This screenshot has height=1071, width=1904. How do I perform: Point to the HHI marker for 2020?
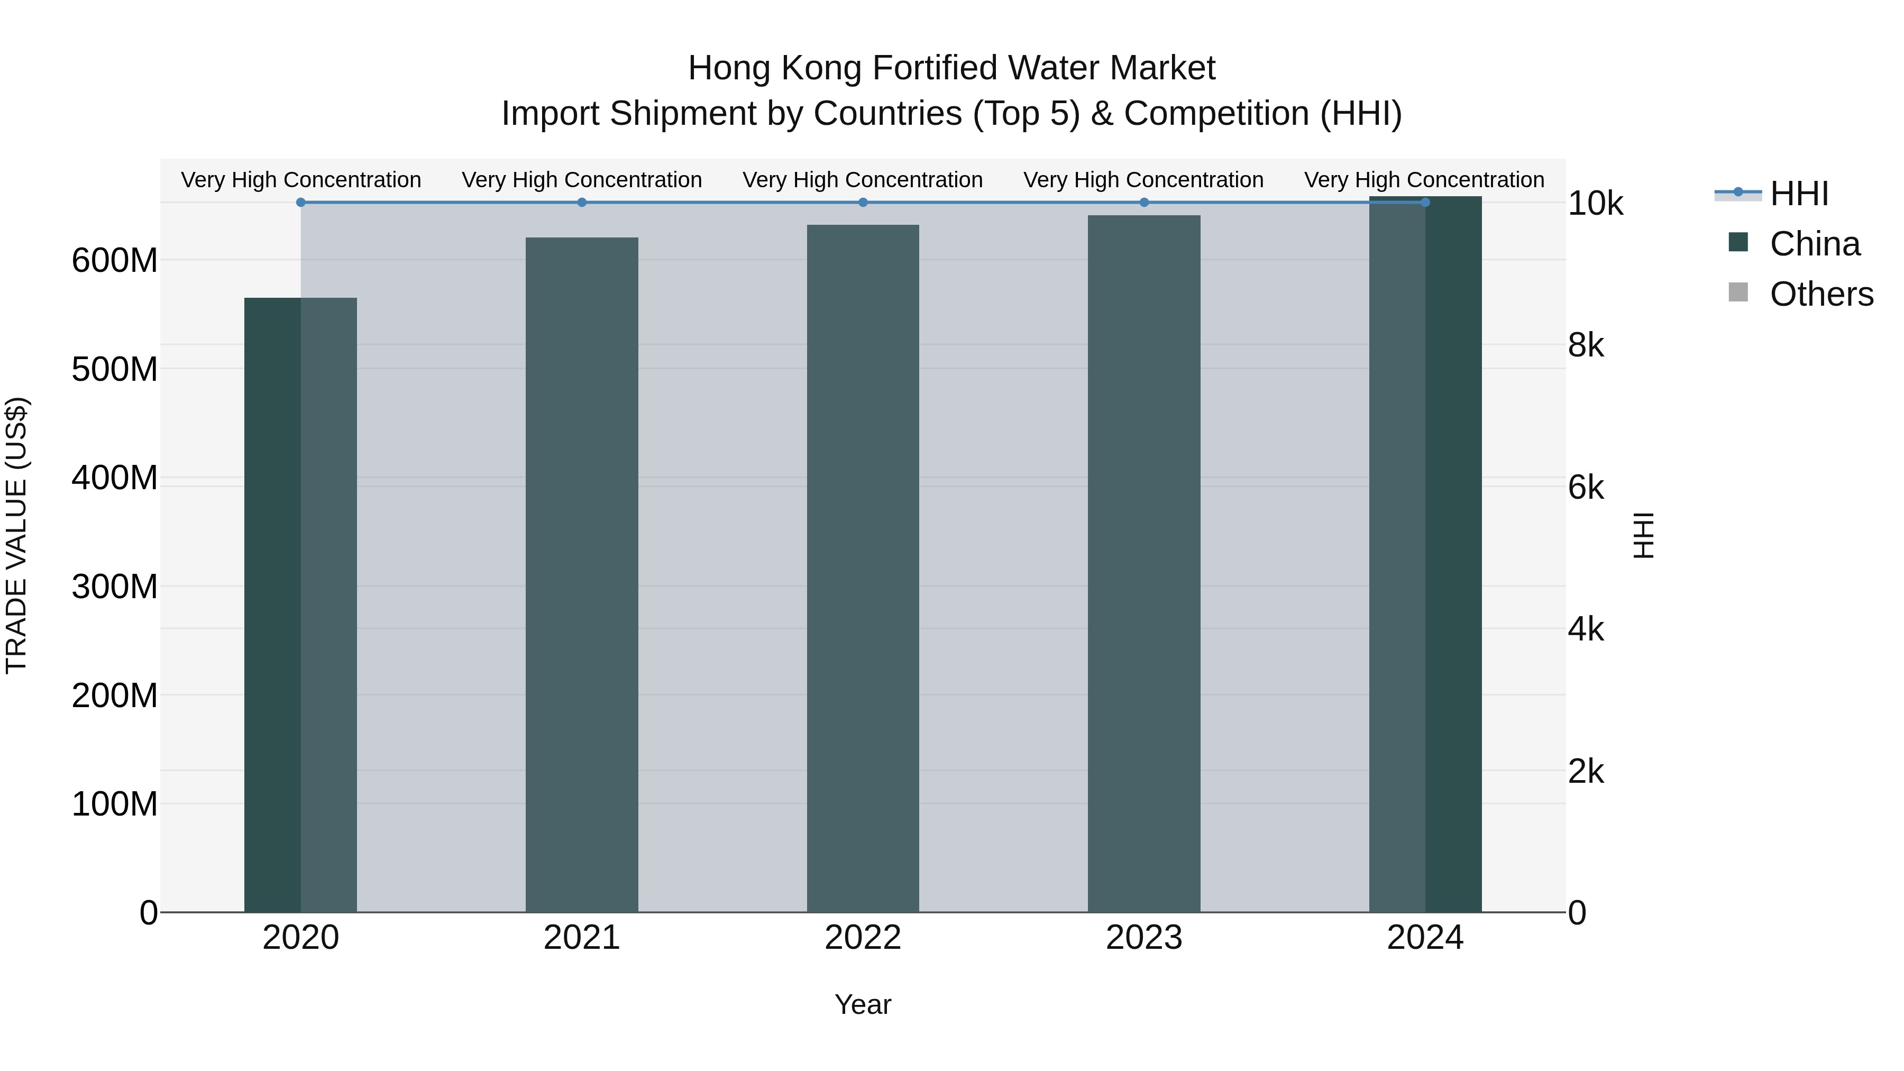[x=301, y=203]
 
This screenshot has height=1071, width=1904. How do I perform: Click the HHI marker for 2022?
[x=863, y=203]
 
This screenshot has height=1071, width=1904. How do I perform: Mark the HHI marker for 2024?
[x=1425, y=203]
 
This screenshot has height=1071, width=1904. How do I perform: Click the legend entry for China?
[x=1814, y=244]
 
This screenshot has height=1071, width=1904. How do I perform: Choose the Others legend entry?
[x=1820, y=294]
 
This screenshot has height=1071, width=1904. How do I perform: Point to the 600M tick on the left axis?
[x=115, y=261]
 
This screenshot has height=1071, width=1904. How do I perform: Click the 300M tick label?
[x=115, y=588]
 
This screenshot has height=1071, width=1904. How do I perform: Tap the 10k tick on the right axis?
[x=1595, y=204]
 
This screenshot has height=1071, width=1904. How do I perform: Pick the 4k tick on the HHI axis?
[x=1586, y=630]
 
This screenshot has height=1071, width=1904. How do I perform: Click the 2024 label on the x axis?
[x=1425, y=938]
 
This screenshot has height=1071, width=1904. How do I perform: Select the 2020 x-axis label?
[x=301, y=938]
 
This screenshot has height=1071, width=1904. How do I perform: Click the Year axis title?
[x=863, y=1004]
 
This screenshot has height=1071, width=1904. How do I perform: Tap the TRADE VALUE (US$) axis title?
[x=17, y=535]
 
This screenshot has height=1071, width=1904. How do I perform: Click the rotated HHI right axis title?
[x=1643, y=535]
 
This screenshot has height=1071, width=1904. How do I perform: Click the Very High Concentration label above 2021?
[x=582, y=180]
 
